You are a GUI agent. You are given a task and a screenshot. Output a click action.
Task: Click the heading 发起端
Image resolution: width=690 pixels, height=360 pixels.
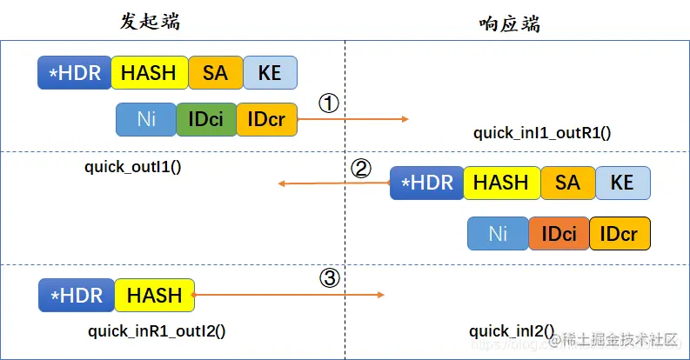pyautogui.click(x=151, y=22)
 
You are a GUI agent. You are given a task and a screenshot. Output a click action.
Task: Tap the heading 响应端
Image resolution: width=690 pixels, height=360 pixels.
pyautogui.click(x=509, y=23)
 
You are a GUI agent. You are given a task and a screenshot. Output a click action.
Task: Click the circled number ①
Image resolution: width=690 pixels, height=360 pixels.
pyautogui.click(x=328, y=103)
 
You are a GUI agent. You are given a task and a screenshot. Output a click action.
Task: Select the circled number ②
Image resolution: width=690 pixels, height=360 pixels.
pyautogui.click(x=360, y=168)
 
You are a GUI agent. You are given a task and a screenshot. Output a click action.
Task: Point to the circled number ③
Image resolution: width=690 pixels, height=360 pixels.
pyautogui.click(x=329, y=278)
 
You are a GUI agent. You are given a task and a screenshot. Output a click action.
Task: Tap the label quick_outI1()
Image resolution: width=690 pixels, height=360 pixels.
pyautogui.click(x=133, y=165)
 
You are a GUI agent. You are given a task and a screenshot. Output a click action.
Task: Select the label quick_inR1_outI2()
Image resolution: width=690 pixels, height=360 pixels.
pyautogui.click(x=157, y=330)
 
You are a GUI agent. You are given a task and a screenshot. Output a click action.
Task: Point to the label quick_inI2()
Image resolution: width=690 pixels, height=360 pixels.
pyautogui.click(x=511, y=330)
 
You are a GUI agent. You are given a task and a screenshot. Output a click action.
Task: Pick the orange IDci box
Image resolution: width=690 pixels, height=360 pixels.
pyautogui.click(x=559, y=234)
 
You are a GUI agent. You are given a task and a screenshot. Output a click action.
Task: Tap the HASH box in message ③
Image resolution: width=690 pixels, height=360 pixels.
pyautogui.click(x=154, y=296)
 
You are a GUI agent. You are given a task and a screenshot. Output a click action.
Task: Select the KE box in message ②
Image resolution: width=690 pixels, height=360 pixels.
pyautogui.click(x=622, y=183)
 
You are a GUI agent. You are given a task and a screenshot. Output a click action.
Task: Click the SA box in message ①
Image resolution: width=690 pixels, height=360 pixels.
pyautogui.click(x=215, y=73)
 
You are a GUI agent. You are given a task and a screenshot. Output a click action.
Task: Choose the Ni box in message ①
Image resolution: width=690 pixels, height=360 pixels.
pyautogui.click(x=146, y=119)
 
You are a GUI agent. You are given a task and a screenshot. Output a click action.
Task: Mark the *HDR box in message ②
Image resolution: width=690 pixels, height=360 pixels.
pyautogui.click(x=426, y=183)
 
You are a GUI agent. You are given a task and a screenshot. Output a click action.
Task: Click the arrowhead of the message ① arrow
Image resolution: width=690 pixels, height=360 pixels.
pyautogui.click(x=405, y=119)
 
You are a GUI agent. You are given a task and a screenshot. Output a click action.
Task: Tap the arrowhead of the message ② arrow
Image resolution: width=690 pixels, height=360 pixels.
pyautogui.click(x=281, y=183)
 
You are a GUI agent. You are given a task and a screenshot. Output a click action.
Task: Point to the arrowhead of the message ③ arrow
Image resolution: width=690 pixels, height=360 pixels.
pyautogui.click(x=381, y=296)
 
